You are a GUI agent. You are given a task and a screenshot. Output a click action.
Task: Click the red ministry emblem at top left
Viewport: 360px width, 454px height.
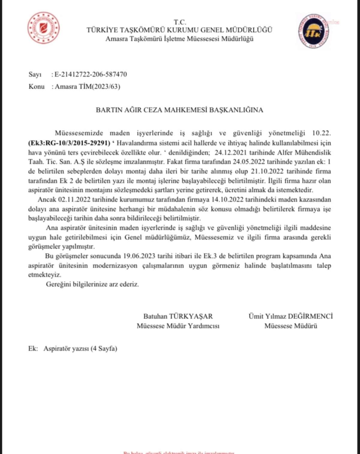(43, 28)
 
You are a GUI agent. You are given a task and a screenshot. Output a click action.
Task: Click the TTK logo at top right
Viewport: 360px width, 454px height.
(313, 31)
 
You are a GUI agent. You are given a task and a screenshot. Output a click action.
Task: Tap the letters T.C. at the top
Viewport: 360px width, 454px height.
(180, 22)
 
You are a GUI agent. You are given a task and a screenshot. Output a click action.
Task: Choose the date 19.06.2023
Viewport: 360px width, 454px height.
(139, 256)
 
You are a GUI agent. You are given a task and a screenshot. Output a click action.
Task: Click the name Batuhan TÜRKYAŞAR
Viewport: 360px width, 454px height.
(178, 316)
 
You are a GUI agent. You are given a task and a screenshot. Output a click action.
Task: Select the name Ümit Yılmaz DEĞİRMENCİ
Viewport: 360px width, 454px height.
(290, 316)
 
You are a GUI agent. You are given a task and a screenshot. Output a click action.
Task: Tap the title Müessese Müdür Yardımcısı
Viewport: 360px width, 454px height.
(178, 326)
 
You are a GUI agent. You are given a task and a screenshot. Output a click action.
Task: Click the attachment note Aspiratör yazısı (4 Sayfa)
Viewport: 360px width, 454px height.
(80, 348)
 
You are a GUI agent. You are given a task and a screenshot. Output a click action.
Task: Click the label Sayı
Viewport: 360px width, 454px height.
(35, 74)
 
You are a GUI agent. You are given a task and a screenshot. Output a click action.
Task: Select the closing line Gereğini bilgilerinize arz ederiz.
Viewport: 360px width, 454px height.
(92, 284)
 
